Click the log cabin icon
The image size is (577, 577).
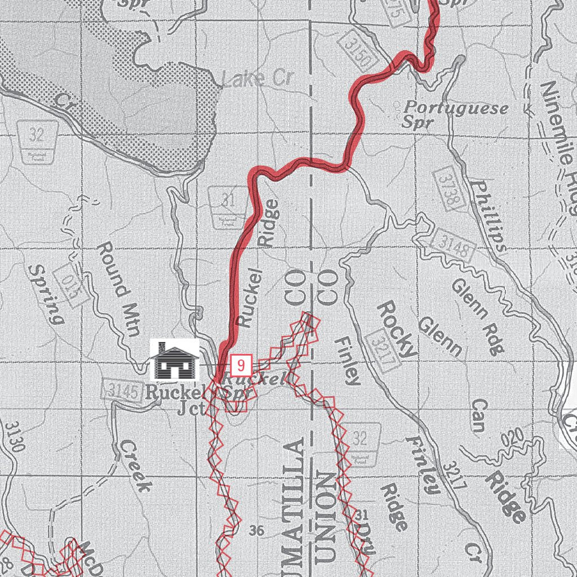[x=174, y=361]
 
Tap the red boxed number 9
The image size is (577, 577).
[x=241, y=365]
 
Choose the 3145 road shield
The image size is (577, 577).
[x=121, y=390]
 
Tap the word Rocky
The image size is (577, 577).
[x=397, y=328]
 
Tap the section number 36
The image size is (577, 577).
[x=256, y=530]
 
